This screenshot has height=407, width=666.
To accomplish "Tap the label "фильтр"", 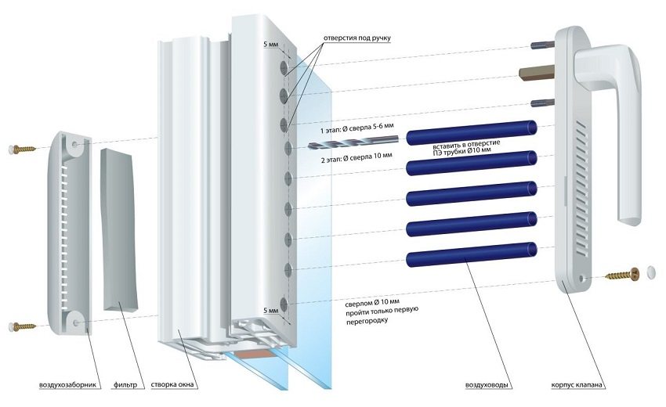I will click(125, 385).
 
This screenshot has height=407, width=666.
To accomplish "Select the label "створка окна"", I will click(175, 385).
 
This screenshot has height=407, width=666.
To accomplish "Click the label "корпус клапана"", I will click(579, 385).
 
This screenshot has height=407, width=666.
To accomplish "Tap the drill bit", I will click(353, 143).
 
